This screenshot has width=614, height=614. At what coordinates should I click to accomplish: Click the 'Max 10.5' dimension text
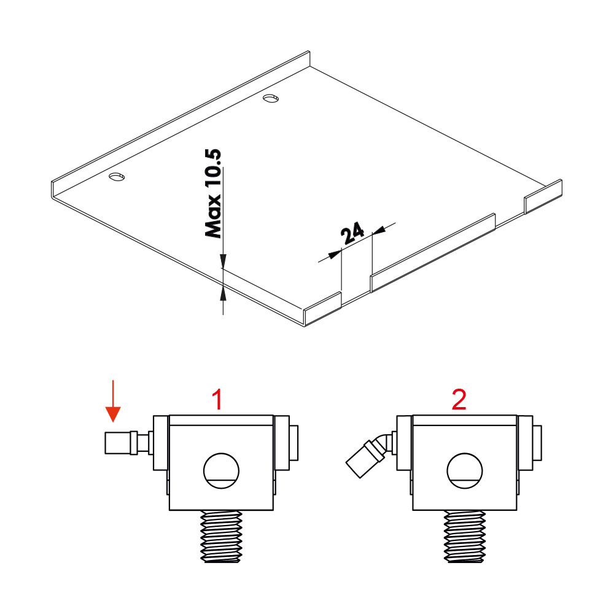tap(213, 193)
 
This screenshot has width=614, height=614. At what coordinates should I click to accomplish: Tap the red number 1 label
tap(217, 400)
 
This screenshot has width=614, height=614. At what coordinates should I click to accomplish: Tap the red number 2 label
tap(459, 400)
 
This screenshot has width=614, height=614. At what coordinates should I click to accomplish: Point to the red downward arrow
tap(113, 401)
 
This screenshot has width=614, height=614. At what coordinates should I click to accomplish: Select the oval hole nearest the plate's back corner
tap(271, 98)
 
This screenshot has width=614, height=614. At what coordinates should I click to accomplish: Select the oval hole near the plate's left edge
tap(117, 177)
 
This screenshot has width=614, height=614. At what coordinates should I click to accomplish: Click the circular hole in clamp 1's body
tap(221, 471)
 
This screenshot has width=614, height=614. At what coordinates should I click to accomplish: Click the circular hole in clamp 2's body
tap(465, 471)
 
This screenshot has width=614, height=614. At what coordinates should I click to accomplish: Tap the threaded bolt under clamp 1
tap(221, 537)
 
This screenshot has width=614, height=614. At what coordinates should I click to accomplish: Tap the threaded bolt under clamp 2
tap(465, 537)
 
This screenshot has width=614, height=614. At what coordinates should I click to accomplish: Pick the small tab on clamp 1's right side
tap(293, 443)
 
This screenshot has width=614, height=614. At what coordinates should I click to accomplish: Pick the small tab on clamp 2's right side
tap(537, 443)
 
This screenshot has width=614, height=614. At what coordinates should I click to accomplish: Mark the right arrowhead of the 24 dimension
tap(379, 231)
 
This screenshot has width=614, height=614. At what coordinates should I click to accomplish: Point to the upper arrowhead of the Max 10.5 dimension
tap(223, 261)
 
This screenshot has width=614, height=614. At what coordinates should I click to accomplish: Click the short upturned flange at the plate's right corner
tap(543, 196)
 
